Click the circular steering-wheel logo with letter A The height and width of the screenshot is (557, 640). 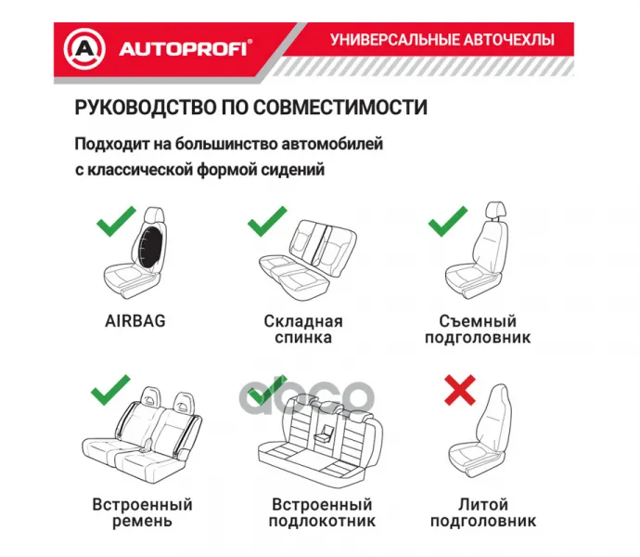point(84,49)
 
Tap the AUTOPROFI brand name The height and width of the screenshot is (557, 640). point(185,49)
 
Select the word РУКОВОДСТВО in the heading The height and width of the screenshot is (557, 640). point(146,108)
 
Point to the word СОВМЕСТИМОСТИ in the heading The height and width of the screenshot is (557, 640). point(340,108)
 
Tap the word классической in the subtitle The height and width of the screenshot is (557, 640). point(140,170)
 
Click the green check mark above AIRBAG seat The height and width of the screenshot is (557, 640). point(116,221)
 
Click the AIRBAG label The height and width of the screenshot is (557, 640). point(135,321)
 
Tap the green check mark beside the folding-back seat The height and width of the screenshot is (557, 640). point(267,221)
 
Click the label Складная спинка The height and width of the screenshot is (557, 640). point(303,330)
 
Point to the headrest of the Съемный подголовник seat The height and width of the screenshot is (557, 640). point(496,210)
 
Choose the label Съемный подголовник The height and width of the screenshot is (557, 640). point(478,330)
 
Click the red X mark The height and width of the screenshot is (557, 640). point(460,390)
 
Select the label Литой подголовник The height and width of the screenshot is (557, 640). point(483,512)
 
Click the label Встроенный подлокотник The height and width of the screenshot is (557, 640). point(322,512)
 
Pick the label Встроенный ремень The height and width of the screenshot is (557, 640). point(142,512)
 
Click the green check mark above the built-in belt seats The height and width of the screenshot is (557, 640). point(110,390)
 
